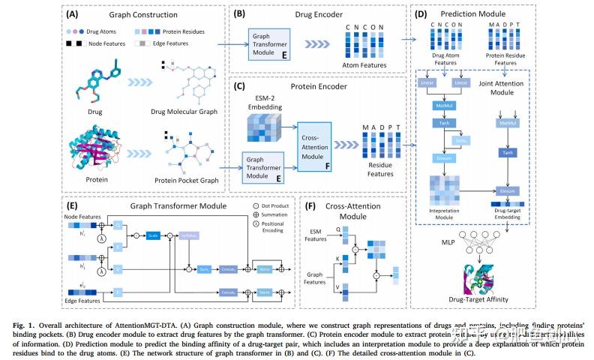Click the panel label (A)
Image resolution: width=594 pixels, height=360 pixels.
coord(75,13)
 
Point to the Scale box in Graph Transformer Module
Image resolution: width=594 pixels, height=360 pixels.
coord(153,234)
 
